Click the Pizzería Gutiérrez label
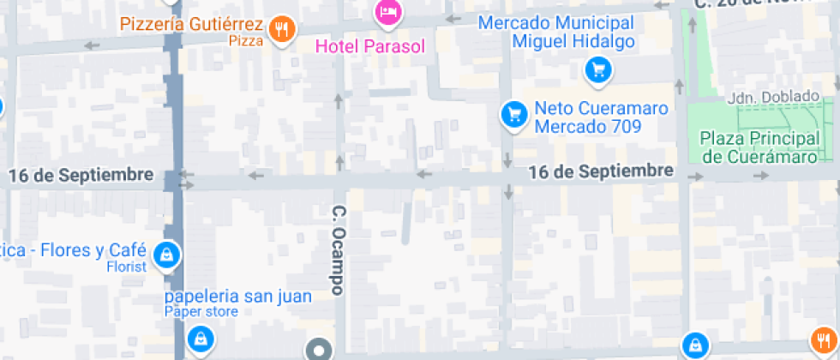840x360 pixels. pyautogui.click(x=191, y=24)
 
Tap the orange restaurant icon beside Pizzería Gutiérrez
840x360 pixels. pyautogui.click(x=281, y=30)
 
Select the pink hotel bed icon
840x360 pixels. pyautogui.click(x=387, y=11)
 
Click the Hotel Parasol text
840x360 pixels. pyautogui.click(x=370, y=45)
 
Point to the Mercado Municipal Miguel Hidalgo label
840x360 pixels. pyautogui.click(x=556, y=33)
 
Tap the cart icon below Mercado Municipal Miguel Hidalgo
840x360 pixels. pyautogui.click(x=598, y=70)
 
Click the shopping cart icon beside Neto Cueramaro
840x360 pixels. pyautogui.click(x=513, y=112)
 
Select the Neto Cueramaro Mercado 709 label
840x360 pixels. pyautogui.click(x=588, y=118)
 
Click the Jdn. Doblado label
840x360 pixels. pyautogui.click(x=764, y=98)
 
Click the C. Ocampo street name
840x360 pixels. pyautogui.click(x=339, y=250)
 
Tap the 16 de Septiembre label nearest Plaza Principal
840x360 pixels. pyautogui.click(x=600, y=171)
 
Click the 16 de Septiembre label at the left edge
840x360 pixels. pyautogui.click(x=81, y=175)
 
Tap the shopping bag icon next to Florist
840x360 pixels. pyautogui.click(x=169, y=254)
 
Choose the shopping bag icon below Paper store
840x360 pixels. pyautogui.click(x=200, y=339)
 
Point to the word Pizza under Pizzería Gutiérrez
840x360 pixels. pyautogui.click(x=246, y=40)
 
